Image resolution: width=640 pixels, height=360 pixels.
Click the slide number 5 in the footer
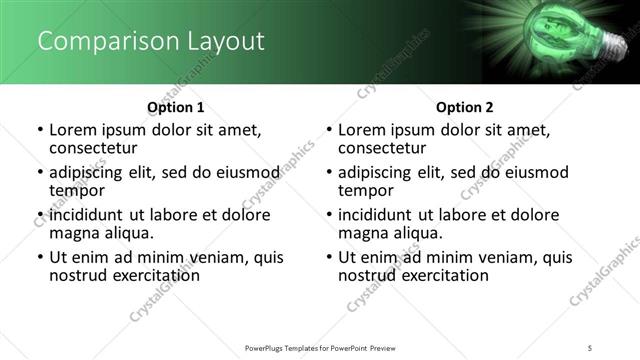(591, 347)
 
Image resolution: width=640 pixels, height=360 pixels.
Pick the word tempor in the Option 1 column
(78, 190)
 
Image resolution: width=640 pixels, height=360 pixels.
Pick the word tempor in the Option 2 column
(367, 190)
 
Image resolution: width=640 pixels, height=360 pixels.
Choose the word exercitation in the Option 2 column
(441, 275)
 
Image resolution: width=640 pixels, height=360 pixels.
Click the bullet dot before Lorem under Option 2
(330, 131)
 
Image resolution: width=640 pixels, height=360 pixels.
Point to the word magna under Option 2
(364, 233)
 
